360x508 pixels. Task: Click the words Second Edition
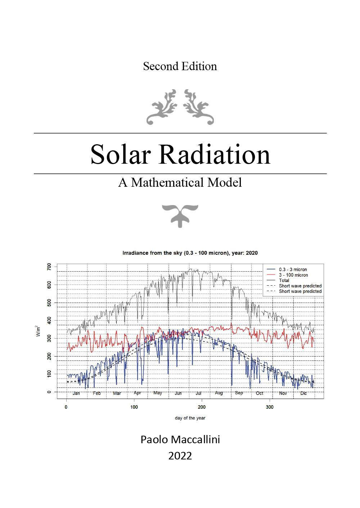[180, 66]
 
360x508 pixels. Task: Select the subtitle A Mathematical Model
[180, 182]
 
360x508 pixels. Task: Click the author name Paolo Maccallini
[180, 440]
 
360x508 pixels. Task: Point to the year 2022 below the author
[180, 456]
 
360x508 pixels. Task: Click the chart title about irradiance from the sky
[190, 253]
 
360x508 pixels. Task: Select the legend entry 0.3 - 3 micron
[293, 269]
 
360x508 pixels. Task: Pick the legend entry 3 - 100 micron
[293, 275]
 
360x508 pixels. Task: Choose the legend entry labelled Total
[284, 280]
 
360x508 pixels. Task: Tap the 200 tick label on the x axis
[202, 407]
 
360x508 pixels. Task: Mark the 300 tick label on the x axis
[270, 407]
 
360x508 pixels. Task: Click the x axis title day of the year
[190, 418]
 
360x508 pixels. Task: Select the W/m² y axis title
[38, 331]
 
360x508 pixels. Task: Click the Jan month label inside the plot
[76, 393]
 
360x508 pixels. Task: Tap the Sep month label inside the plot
[239, 393]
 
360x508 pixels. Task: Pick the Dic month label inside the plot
[303, 393]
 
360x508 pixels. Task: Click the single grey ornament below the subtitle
[180, 215]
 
